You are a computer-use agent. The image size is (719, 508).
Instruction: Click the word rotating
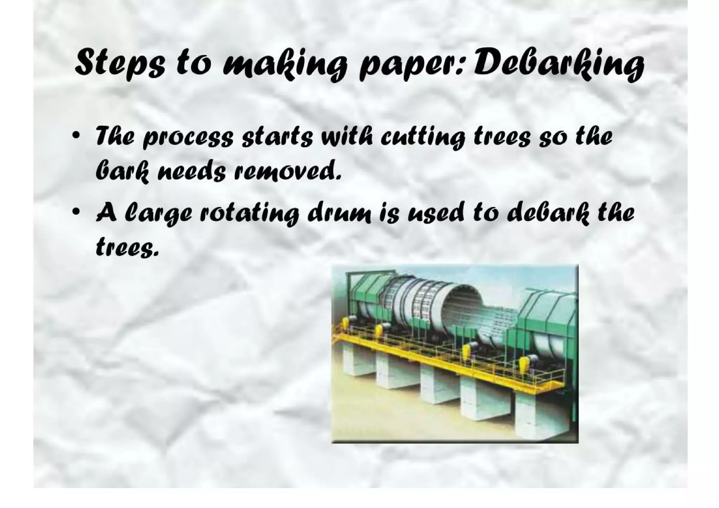(x=249, y=213)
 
